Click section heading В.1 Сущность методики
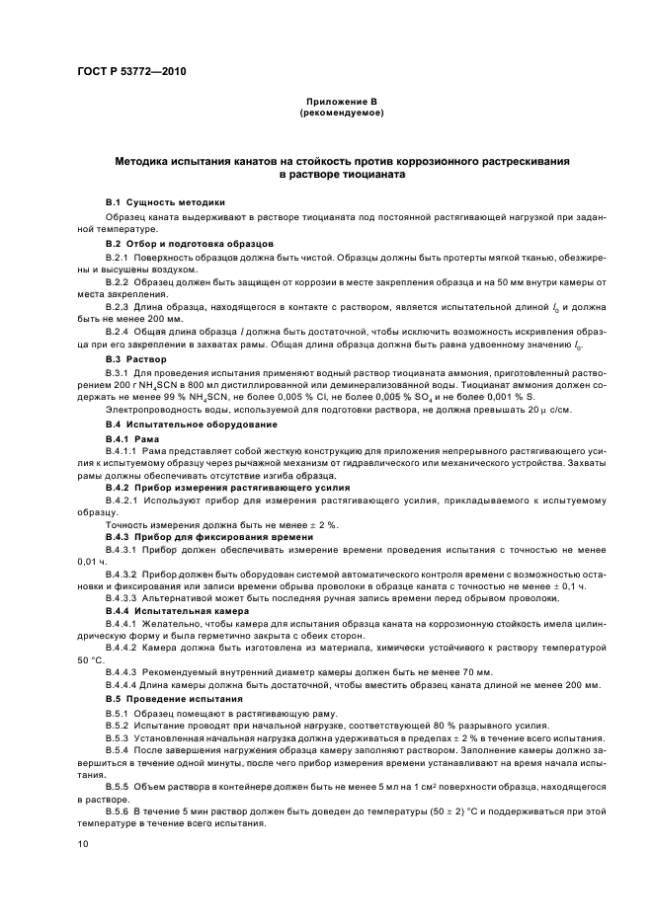(x=166, y=201)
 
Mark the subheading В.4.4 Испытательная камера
(x=174, y=611)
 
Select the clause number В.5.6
(x=120, y=809)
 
